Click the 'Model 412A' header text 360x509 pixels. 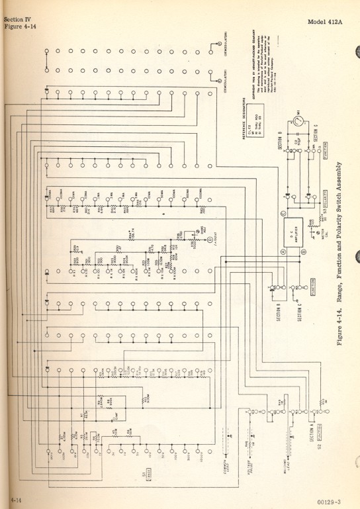tap(332, 23)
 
